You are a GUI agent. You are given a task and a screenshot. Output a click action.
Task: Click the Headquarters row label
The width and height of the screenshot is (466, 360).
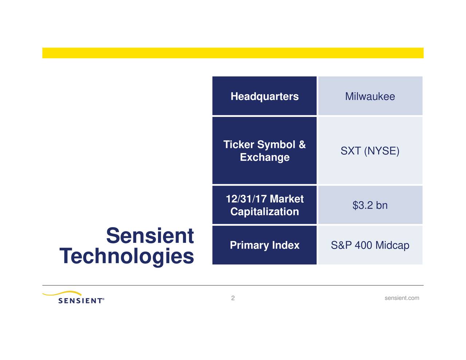tap(264, 96)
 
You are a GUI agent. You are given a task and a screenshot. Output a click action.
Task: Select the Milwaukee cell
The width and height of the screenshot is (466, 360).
tap(370, 96)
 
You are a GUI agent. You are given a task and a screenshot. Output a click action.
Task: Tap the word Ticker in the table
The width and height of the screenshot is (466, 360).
tap(238, 145)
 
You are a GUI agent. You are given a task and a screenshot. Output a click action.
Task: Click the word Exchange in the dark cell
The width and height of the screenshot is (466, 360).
tap(265, 157)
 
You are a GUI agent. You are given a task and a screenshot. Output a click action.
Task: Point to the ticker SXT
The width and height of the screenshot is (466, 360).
tap(350, 151)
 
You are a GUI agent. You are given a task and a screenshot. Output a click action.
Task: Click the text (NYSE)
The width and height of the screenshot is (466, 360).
tap(382, 151)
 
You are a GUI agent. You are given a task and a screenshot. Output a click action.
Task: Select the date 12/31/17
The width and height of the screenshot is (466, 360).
tap(246, 199)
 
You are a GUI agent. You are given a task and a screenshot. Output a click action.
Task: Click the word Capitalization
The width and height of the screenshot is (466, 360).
tap(265, 212)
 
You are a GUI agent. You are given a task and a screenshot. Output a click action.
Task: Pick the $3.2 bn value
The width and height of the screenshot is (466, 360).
tap(370, 205)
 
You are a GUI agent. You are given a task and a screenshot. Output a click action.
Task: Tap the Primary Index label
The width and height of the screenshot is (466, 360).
tap(265, 245)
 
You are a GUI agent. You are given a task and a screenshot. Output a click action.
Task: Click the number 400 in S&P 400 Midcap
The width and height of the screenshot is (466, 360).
tap(363, 245)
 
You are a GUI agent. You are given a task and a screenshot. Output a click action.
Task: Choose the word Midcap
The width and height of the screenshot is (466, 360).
tap(392, 245)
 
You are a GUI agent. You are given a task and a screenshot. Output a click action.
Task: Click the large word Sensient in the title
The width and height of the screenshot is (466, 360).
tap(150, 236)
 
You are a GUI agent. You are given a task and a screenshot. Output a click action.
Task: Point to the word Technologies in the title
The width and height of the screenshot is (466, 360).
tap(127, 256)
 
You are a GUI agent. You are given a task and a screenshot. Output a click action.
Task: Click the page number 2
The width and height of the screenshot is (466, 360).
tap(233, 298)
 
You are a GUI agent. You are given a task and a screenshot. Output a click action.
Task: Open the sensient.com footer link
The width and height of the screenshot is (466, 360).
tap(402, 298)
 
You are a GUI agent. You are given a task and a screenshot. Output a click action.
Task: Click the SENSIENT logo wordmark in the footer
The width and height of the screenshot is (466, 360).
tap(81, 301)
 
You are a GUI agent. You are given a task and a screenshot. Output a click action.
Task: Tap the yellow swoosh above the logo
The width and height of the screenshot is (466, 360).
tap(64, 293)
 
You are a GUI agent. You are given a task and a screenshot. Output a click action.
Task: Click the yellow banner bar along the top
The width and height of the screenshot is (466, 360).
tap(233, 53)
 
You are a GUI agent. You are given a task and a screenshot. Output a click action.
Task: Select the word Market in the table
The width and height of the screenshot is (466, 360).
tap(287, 199)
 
